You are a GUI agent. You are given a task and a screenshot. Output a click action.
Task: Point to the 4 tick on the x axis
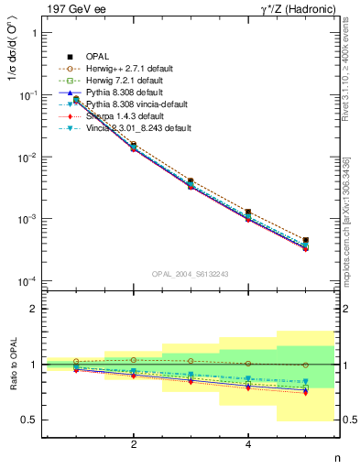click(248, 444)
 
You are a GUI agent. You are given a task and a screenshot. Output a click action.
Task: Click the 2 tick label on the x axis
click(134, 444)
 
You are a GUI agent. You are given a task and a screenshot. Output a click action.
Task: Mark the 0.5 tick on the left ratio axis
click(30, 420)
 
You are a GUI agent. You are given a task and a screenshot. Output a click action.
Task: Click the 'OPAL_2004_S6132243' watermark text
click(191, 274)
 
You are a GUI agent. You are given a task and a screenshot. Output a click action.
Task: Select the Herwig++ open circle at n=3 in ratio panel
click(191, 361)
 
